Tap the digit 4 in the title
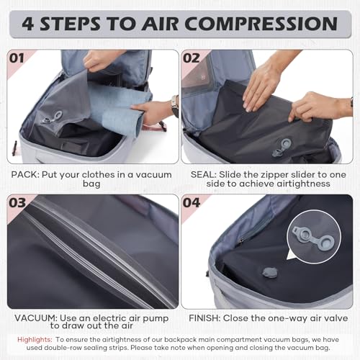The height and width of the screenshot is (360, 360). click(x=29, y=23)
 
